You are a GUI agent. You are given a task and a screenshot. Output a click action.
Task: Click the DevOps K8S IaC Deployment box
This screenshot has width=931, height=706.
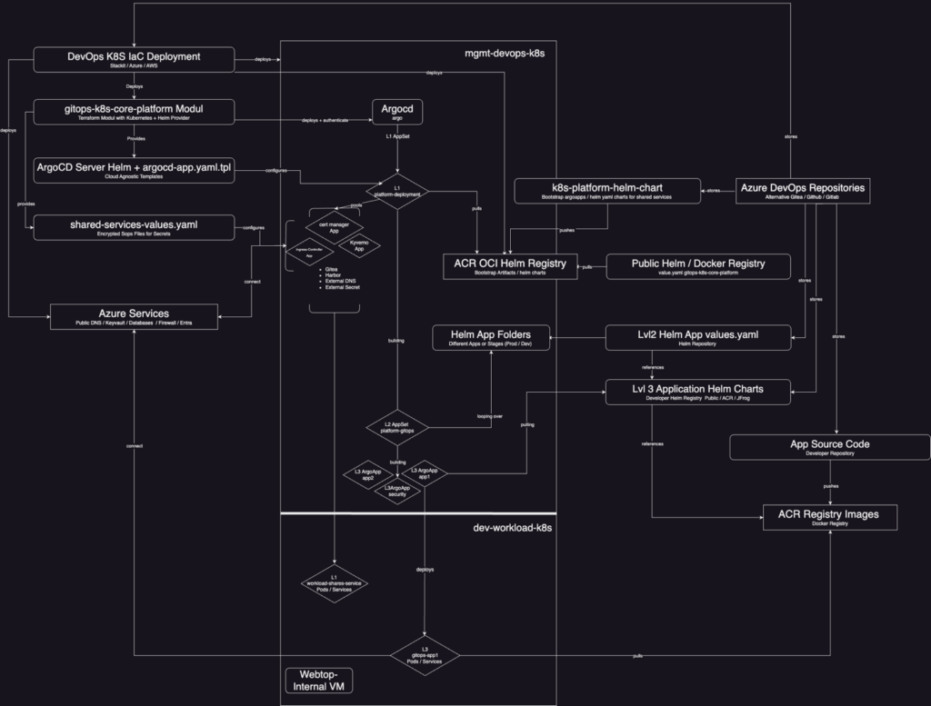[134, 60]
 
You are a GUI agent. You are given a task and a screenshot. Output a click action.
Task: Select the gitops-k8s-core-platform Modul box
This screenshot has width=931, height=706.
[134, 112]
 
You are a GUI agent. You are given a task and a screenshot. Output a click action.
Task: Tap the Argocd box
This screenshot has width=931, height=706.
[398, 111]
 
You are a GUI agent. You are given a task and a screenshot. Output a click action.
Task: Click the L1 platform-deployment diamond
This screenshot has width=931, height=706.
[397, 191]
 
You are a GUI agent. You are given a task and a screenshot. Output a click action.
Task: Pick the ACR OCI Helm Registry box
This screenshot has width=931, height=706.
[509, 266]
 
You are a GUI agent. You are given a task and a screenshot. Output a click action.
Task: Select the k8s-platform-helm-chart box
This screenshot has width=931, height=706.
[607, 191]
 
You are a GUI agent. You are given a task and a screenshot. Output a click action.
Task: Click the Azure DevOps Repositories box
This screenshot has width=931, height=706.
[801, 191]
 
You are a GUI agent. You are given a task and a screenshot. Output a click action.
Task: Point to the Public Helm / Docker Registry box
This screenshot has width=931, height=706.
[698, 266]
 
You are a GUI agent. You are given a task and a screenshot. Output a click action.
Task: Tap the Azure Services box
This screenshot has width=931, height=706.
[134, 317]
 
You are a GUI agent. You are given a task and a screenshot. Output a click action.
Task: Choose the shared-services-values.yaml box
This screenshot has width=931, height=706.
[134, 227]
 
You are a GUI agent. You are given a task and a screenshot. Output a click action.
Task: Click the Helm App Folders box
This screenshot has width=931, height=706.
[492, 338]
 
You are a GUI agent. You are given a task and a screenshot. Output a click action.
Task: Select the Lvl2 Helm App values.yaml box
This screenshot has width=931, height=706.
[698, 338]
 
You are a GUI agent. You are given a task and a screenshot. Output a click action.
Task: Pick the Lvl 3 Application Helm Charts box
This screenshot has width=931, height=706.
[698, 393]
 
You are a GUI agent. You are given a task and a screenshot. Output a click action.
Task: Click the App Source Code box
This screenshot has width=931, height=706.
[829, 447]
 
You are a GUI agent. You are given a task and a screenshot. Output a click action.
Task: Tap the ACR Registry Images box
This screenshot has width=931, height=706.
[829, 517]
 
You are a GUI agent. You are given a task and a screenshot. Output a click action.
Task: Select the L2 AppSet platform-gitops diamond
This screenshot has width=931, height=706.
[397, 426]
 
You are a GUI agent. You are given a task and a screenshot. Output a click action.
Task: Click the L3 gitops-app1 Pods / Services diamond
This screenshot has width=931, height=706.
[425, 655]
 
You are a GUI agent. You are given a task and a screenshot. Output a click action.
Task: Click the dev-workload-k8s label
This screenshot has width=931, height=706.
[513, 527]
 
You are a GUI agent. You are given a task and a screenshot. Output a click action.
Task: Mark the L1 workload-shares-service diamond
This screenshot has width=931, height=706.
[334, 585]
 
